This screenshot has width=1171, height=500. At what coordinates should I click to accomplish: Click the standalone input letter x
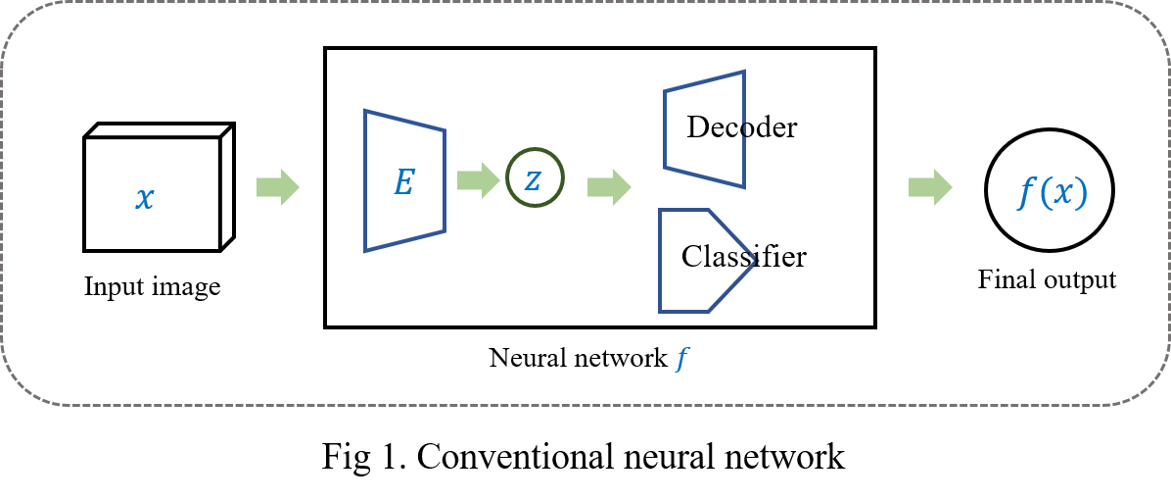[x=145, y=199]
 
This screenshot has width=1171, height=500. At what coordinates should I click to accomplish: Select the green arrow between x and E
[x=277, y=187]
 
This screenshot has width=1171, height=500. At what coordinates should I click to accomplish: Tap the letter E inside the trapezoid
[x=403, y=182]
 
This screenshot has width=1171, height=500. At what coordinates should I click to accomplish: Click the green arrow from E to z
[x=478, y=180]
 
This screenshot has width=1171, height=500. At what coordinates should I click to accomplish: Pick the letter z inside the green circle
[x=533, y=179]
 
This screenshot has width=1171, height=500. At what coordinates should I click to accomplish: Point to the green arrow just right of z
[x=608, y=187]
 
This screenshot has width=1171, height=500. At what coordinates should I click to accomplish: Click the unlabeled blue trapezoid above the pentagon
[x=704, y=128]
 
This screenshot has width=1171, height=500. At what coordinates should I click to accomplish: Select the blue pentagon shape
[x=699, y=261]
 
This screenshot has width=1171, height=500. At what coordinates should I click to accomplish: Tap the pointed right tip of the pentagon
[x=756, y=260]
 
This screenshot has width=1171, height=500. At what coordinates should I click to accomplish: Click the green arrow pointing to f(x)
[x=929, y=187]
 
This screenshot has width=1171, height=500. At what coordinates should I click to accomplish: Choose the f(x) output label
[x=1052, y=193]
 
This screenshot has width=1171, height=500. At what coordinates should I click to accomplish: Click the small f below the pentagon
[x=681, y=360]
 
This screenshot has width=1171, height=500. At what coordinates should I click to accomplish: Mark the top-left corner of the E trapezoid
[x=366, y=111]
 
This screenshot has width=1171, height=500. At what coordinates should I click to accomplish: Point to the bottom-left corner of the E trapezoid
[x=366, y=251]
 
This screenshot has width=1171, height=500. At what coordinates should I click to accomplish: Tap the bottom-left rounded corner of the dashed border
[x=22, y=388]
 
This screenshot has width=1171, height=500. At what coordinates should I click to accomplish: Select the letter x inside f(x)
[x=1063, y=194]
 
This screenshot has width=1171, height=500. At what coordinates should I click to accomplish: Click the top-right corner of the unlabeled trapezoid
[x=744, y=72]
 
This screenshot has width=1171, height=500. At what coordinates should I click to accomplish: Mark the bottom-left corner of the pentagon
[x=661, y=311]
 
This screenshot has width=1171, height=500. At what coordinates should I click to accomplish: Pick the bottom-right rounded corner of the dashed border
[x=1149, y=388]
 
